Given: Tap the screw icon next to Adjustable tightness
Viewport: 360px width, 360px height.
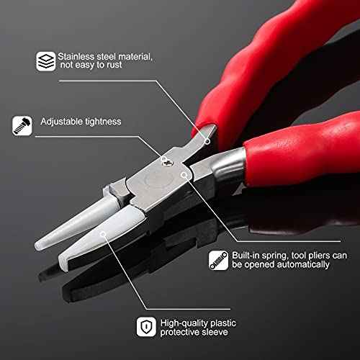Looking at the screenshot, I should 20,126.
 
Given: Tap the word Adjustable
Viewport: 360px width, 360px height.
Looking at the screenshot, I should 61,123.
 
